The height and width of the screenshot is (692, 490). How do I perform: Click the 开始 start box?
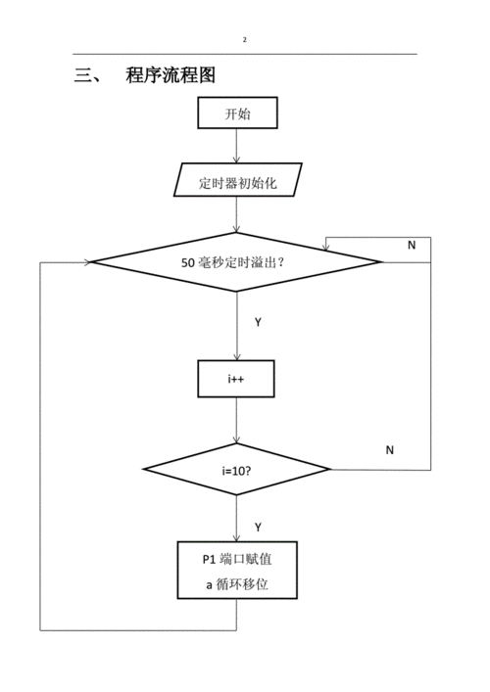(x=237, y=114)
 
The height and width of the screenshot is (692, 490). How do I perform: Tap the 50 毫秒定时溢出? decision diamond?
(x=235, y=262)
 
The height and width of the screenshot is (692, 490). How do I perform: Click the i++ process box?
(x=236, y=379)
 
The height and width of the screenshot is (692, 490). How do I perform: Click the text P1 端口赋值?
(x=236, y=559)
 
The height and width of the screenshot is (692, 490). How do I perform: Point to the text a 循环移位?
(x=236, y=584)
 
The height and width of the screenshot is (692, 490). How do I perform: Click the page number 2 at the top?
(x=245, y=40)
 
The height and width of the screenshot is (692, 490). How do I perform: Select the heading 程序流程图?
(x=171, y=75)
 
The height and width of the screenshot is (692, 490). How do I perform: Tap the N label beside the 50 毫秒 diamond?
(x=412, y=245)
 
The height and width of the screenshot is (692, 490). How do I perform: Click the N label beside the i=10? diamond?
(x=389, y=449)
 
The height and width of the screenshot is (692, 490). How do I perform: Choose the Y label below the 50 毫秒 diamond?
(x=258, y=322)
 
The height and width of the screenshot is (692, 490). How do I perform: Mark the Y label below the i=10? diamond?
(x=258, y=527)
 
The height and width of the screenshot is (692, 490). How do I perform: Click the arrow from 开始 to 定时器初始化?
(x=236, y=146)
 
